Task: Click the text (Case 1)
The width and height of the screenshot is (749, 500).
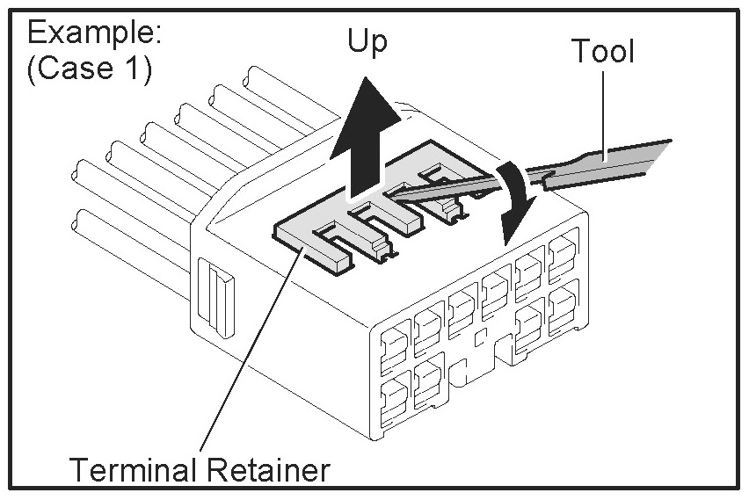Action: (89, 69)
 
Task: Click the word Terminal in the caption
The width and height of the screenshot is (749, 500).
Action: (134, 470)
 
